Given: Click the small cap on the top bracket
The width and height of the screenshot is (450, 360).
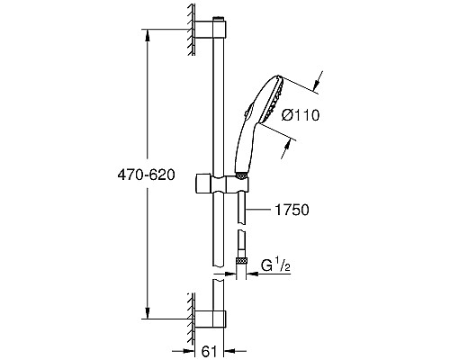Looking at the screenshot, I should click(x=219, y=17).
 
